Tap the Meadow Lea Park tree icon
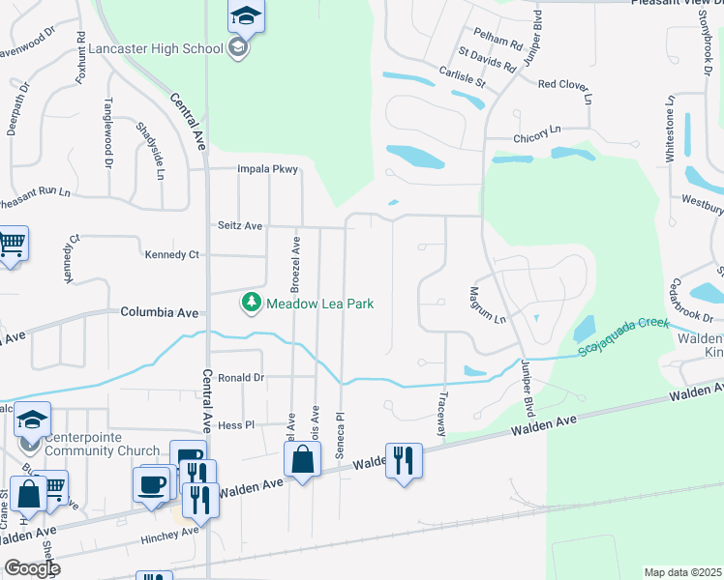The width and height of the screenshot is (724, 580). point(252,304)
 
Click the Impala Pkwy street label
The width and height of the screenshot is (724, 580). point(269,169)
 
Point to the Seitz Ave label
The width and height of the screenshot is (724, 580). point(239,225)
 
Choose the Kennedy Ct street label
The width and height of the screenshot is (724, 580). point(171,254)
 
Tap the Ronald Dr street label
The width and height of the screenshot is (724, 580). point(241,378)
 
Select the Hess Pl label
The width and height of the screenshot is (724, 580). point(235,424)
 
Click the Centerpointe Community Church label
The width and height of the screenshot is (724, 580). point(102,444)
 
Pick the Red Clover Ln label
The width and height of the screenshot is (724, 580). point(563,84)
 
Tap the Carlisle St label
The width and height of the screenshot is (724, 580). point(459,74)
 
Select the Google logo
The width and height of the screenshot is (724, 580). point(32,568)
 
